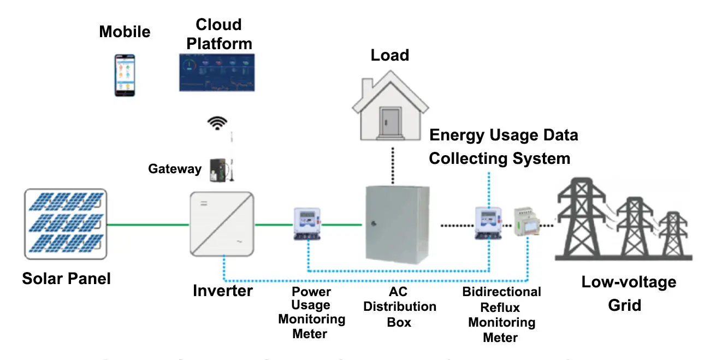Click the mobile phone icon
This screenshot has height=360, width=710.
[125, 75]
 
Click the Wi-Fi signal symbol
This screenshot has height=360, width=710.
[217, 123]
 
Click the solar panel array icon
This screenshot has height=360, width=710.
[65, 224]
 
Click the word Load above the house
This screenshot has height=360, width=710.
[389, 55]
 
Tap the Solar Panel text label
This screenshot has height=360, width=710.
[66, 279]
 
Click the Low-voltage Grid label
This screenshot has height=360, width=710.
[628, 293]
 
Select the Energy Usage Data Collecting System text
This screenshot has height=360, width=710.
[502, 146]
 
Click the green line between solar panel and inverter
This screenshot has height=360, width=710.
[147, 224]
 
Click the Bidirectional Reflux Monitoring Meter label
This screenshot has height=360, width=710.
[501, 314]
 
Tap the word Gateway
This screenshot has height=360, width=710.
[175, 169]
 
